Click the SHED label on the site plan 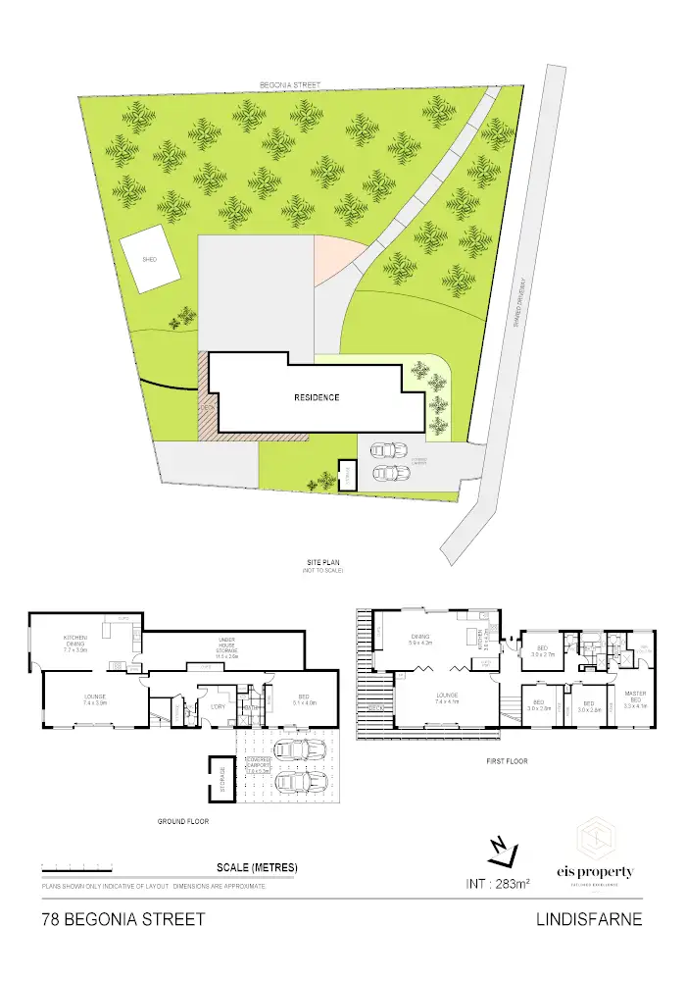click(149, 260)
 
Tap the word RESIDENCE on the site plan click(317, 397)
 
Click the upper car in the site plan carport click(388, 450)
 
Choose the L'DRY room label click(219, 707)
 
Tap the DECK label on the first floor click(374, 705)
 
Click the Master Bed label click(636, 700)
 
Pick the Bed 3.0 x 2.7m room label click(542, 650)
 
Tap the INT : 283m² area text click(497, 884)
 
